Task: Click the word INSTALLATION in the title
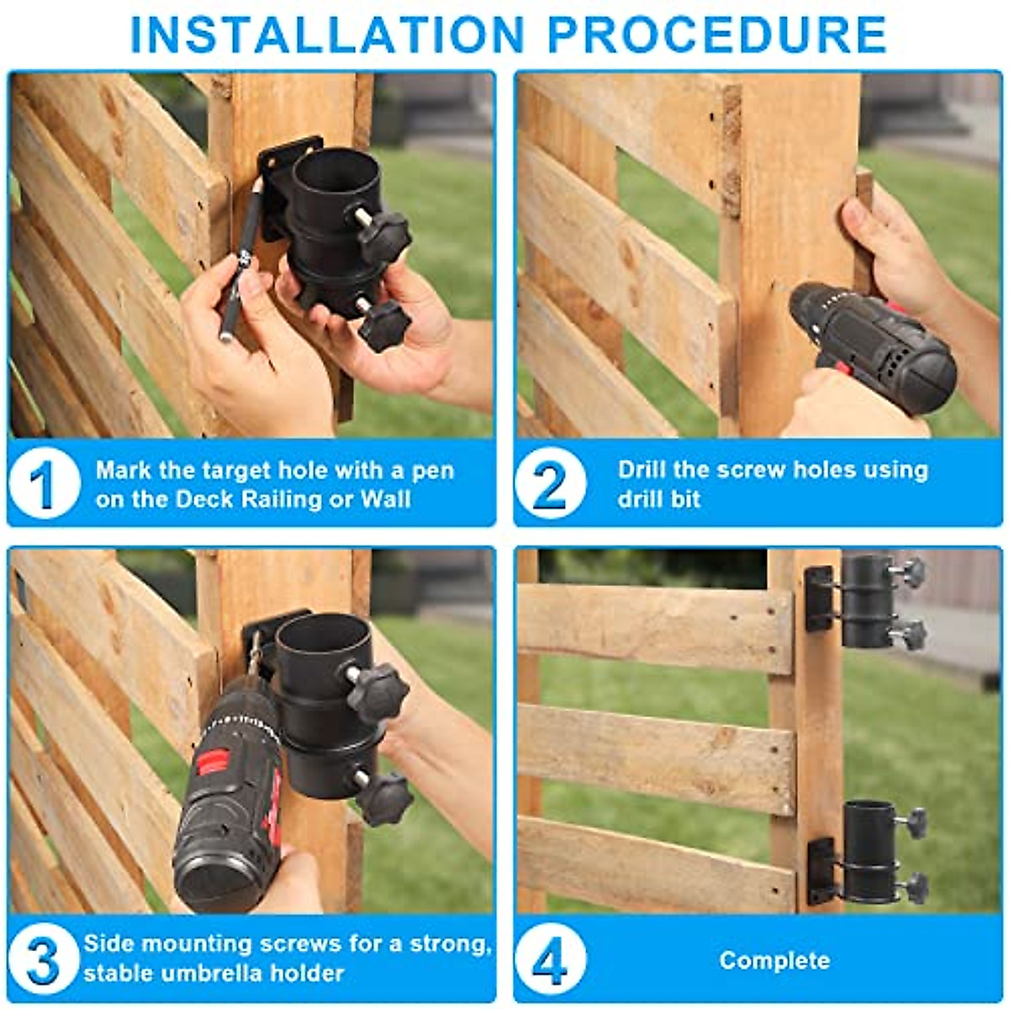[327, 34]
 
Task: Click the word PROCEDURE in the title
[717, 34]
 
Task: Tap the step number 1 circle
[45, 483]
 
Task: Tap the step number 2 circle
[551, 483]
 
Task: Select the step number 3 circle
[45, 959]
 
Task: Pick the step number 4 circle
[551, 959]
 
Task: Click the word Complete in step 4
[775, 960]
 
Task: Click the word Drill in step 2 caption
[642, 470]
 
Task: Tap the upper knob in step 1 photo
[381, 232]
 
